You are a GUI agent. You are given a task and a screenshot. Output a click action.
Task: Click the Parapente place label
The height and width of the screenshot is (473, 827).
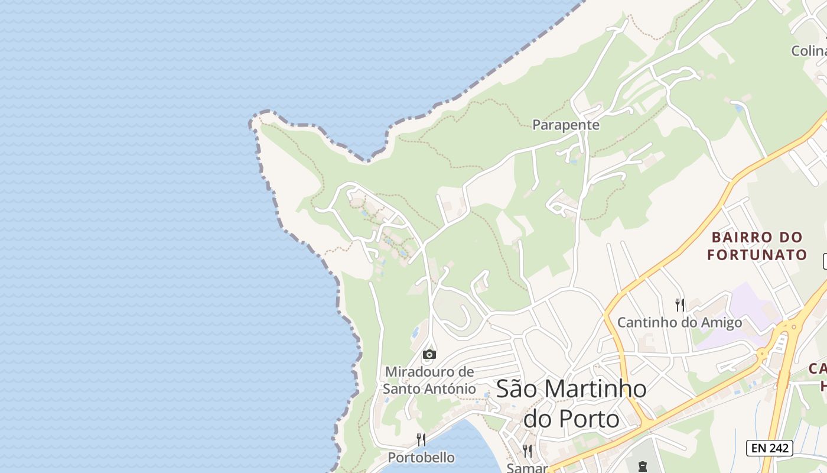tap(565, 125)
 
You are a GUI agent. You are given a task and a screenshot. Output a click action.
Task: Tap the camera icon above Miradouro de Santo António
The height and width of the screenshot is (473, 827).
tap(429, 354)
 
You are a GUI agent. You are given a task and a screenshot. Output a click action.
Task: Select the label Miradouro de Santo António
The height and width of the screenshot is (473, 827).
tap(429, 380)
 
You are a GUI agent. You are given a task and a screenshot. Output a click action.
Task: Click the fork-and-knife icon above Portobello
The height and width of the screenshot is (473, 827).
tap(421, 439)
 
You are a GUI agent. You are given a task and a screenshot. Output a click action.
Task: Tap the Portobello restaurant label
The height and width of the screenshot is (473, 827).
tap(421, 458)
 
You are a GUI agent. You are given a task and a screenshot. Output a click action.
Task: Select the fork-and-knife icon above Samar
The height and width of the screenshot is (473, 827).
tap(528, 451)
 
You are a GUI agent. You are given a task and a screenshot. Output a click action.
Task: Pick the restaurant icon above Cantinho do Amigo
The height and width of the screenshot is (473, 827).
tap(680, 305)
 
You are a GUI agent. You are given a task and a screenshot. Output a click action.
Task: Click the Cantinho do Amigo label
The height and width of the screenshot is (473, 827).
tap(679, 323)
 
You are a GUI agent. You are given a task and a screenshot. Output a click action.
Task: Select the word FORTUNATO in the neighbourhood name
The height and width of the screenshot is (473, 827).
tap(757, 255)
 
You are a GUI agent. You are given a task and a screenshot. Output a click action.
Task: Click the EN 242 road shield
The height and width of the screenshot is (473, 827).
tap(769, 448)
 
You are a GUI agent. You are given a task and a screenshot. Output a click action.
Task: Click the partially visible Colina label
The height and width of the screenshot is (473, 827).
tap(809, 51)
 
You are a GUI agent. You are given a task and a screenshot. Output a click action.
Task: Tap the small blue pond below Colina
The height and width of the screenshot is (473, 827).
tap(737, 108)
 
